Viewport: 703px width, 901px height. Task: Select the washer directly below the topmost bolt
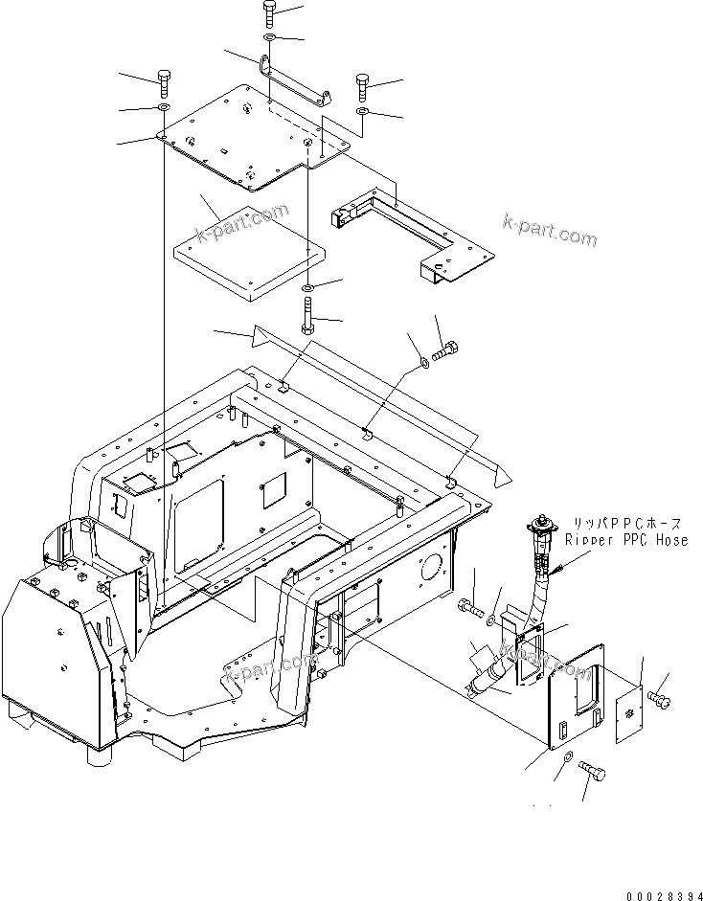click(269, 38)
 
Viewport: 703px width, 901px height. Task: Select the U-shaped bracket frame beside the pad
click(412, 231)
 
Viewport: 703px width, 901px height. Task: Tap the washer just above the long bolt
click(306, 287)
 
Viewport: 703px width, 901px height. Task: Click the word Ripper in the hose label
click(586, 540)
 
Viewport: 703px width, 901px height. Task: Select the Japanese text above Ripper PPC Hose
click(626, 524)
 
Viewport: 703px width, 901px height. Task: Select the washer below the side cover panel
click(568, 757)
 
